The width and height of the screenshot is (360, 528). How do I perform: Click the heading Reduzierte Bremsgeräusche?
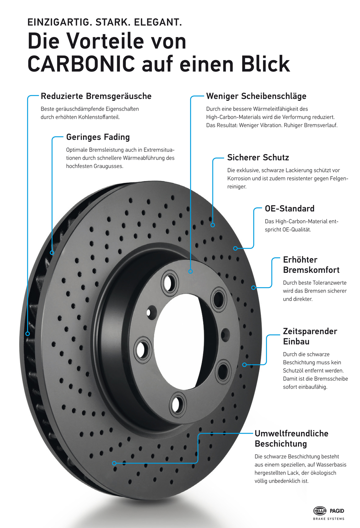coord(96,96)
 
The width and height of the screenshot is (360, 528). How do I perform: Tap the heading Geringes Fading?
coord(98,137)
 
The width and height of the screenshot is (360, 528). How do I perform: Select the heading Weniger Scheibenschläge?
coord(256,96)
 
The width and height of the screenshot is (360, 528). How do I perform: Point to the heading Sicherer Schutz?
coord(258,158)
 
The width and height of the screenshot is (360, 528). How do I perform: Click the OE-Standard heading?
coord(289,209)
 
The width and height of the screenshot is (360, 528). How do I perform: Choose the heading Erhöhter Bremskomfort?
coord(311,265)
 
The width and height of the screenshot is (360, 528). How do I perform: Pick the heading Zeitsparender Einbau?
coord(310,336)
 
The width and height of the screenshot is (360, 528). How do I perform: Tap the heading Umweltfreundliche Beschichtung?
coord(291,439)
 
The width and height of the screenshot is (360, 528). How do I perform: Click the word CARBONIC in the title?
coord(81,64)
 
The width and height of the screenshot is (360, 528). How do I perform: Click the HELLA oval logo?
coord(319,511)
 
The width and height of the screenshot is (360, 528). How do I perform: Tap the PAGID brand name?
coord(337,511)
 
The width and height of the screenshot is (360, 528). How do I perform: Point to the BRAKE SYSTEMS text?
coord(329,519)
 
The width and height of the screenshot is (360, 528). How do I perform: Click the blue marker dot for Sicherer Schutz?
coord(213,225)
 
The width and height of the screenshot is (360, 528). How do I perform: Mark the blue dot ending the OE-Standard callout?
coord(235,248)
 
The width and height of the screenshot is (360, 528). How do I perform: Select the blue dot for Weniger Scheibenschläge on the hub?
coord(190,271)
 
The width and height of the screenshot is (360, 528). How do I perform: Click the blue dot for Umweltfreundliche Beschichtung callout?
coord(114,463)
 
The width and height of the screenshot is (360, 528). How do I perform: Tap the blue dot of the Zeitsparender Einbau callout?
coord(245,365)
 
